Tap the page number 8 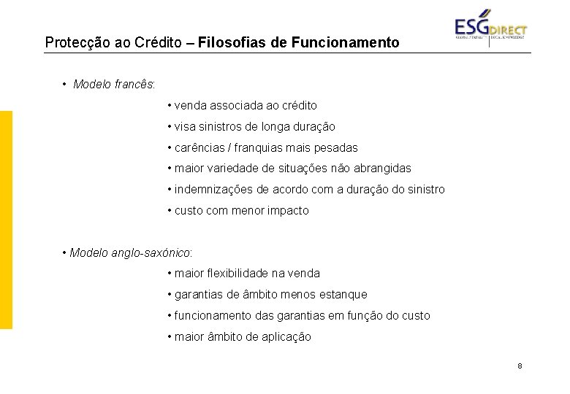point(519,366)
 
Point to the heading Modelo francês point(113,84)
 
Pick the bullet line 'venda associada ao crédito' point(246,105)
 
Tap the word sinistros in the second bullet point(220,126)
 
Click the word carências point(199,147)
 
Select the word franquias point(259,147)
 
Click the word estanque point(343,295)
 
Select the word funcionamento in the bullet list point(211,316)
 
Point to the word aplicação point(286,337)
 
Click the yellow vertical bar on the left point(6,220)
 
